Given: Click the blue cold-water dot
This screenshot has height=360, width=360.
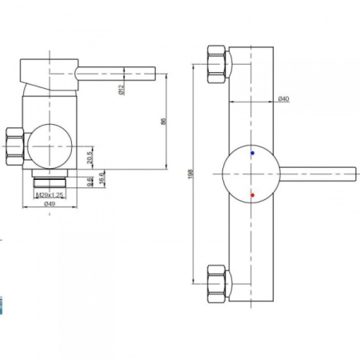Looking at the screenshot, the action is [252, 153].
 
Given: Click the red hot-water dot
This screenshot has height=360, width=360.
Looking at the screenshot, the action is [252, 195].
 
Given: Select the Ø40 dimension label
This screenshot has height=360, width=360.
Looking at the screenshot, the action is [283, 98].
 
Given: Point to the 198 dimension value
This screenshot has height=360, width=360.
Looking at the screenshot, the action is [190, 174].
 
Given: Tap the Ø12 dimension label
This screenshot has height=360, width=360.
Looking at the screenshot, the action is [121, 90].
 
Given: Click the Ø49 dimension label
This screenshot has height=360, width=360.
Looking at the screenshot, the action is [50, 204].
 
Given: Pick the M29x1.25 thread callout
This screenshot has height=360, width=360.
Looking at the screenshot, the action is [50, 195].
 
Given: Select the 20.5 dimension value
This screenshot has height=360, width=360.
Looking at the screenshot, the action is [90, 158].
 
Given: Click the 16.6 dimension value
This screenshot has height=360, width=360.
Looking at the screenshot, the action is [102, 177].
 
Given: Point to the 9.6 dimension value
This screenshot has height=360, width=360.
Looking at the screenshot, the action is [90, 182].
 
